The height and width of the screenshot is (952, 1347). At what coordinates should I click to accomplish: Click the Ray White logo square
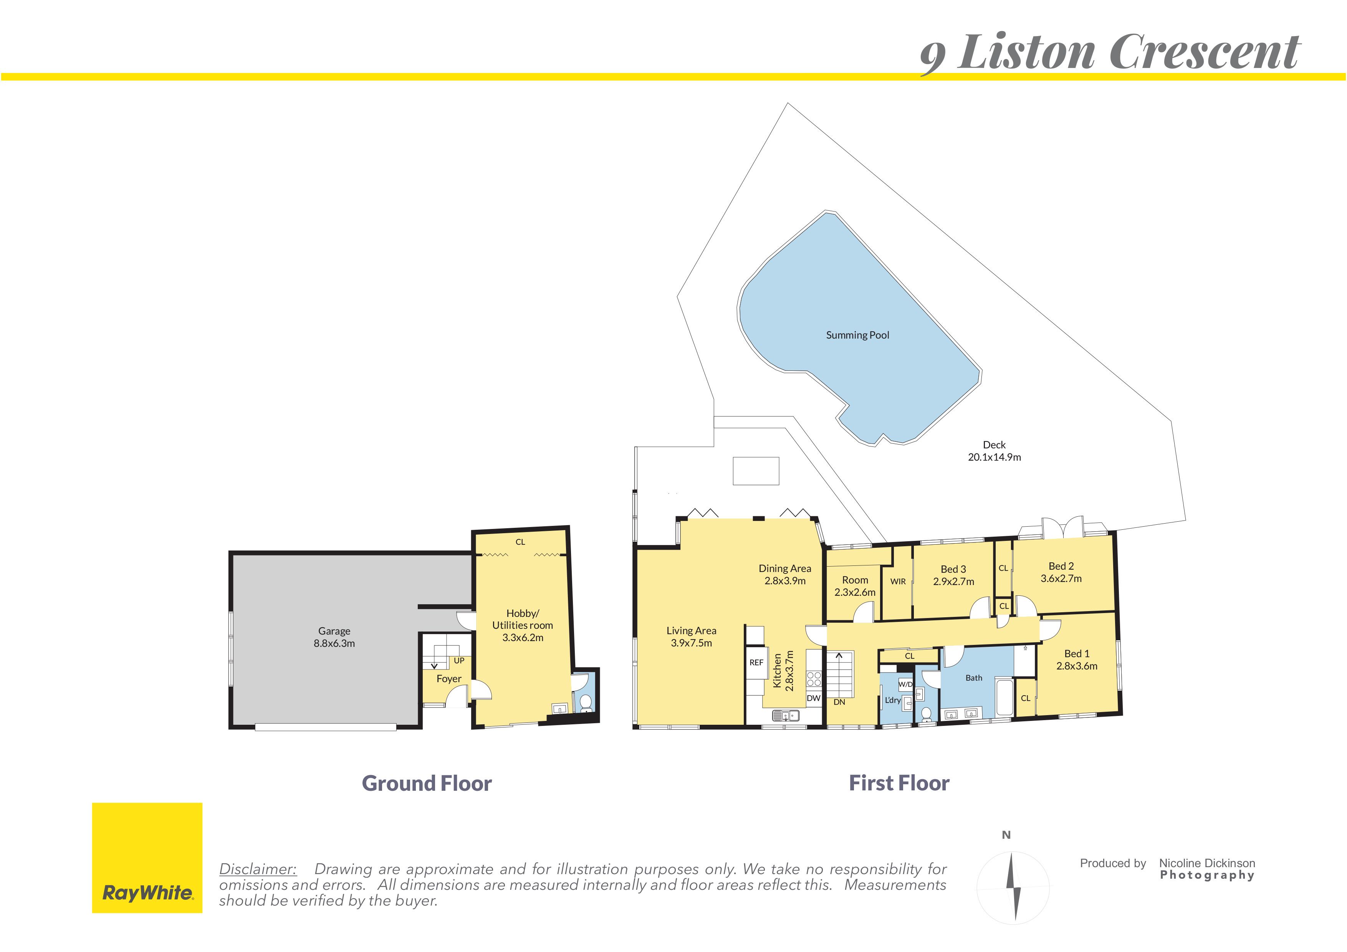[147, 858]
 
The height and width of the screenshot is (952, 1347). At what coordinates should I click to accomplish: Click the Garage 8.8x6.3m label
[334, 637]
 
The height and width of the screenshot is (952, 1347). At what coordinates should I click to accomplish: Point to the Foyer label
[449, 679]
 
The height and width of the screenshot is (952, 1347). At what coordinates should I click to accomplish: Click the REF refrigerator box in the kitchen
[756, 662]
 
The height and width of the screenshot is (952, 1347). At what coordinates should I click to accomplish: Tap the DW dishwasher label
[814, 698]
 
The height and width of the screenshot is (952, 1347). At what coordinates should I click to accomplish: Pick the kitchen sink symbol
[785, 715]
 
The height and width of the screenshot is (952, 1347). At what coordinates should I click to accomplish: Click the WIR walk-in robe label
[898, 581]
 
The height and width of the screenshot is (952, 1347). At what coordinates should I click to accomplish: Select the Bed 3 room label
[953, 569]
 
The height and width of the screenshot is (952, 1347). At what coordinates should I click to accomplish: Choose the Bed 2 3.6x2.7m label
[1061, 572]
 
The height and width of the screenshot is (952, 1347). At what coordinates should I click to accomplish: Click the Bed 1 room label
[1077, 653]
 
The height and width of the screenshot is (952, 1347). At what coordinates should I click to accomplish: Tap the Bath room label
[974, 678]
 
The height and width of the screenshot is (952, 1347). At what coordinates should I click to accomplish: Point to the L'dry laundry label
[892, 700]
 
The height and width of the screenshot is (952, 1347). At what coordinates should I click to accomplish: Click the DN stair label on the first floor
[839, 702]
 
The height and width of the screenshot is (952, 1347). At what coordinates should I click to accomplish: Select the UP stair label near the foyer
[459, 661]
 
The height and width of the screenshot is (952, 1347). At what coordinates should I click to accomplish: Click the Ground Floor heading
[427, 783]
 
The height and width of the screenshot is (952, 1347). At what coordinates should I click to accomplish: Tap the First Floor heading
[899, 783]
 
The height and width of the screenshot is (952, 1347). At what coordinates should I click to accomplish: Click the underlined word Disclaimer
[258, 869]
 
